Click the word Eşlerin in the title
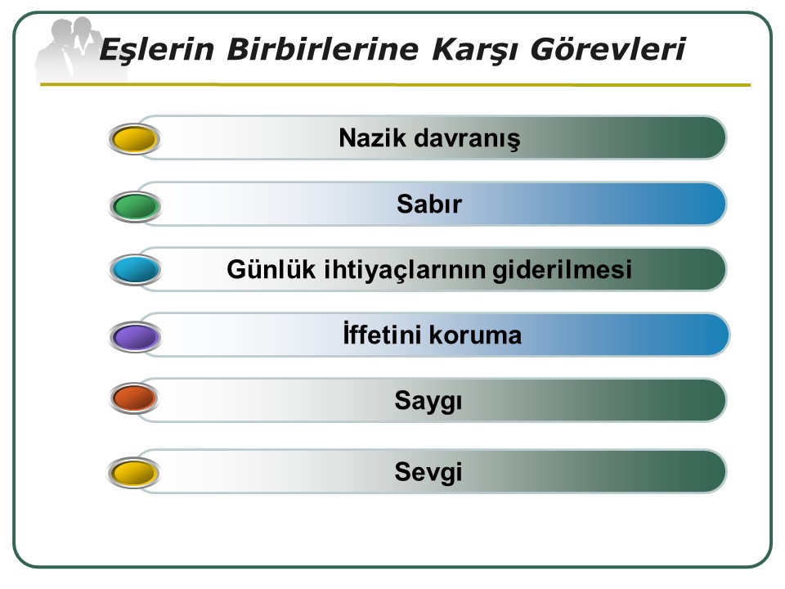tap(157, 50)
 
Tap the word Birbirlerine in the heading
tap(322, 49)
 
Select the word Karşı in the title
tap(474, 51)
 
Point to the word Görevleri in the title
tap(608, 49)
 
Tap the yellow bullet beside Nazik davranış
tap(134, 139)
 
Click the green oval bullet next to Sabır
tap(135, 206)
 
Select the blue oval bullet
tap(135, 269)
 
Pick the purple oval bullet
tap(135, 336)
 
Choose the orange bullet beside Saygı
tap(134, 398)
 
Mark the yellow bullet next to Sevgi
tap(133, 472)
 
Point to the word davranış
tap(468, 139)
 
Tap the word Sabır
tap(429, 204)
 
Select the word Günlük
tap(271, 269)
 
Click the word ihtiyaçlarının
tap(405, 270)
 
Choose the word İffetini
tap(383, 334)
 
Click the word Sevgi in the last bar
tap(428, 472)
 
